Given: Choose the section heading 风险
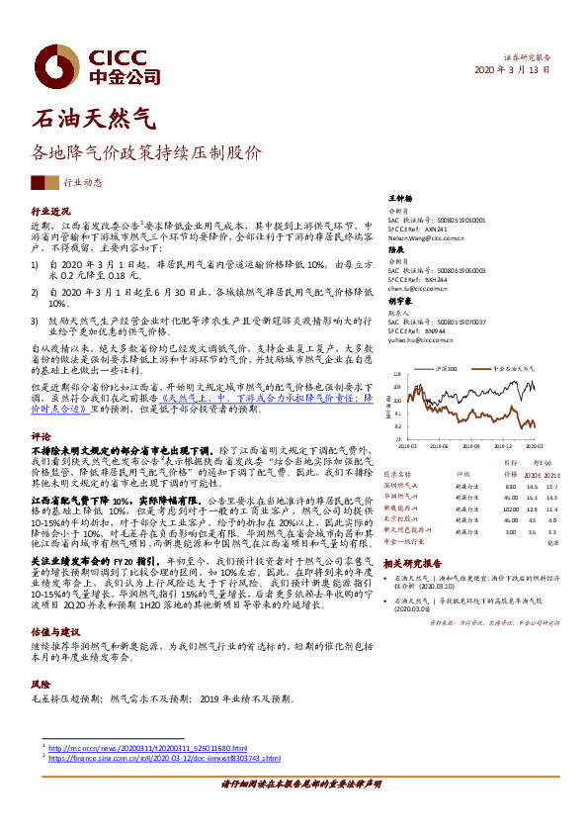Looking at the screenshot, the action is coord(41,655).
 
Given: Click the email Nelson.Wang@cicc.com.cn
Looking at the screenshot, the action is coord(427,238).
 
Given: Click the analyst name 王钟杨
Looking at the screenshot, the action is coord(399,199).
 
